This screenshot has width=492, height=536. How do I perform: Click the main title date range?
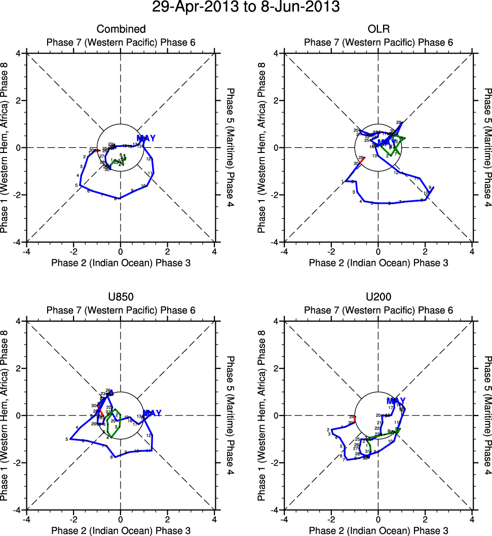coord(246,8)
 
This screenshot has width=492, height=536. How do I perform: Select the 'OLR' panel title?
coord(378,29)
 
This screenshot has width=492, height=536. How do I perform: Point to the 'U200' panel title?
coord(378,297)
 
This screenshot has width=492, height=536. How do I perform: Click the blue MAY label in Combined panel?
coord(146,138)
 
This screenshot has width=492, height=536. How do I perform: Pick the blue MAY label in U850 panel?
coord(152,413)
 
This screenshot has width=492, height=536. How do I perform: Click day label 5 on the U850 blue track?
coord(67,439)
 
